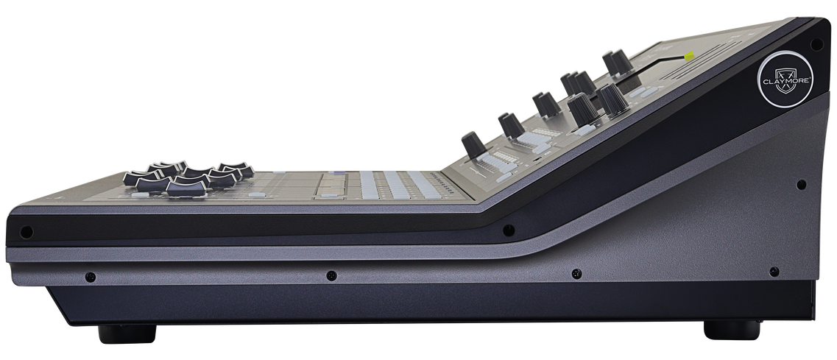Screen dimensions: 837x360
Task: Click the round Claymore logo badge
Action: [x=785, y=79]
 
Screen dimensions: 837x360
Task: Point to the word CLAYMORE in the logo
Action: [x=785, y=81]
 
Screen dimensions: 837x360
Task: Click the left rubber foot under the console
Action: [x=127, y=333]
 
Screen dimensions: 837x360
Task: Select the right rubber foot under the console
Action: [x=732, y=330]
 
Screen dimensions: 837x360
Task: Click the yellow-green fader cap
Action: [x=689, y=55]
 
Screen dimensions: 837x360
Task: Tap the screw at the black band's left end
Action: [x=27, y=233]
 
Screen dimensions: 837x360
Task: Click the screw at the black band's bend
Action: [x=509, y=230]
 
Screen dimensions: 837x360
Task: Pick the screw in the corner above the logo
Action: [x=816, y=44]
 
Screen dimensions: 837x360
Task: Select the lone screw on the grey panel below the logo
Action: [x=801, y=185]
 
